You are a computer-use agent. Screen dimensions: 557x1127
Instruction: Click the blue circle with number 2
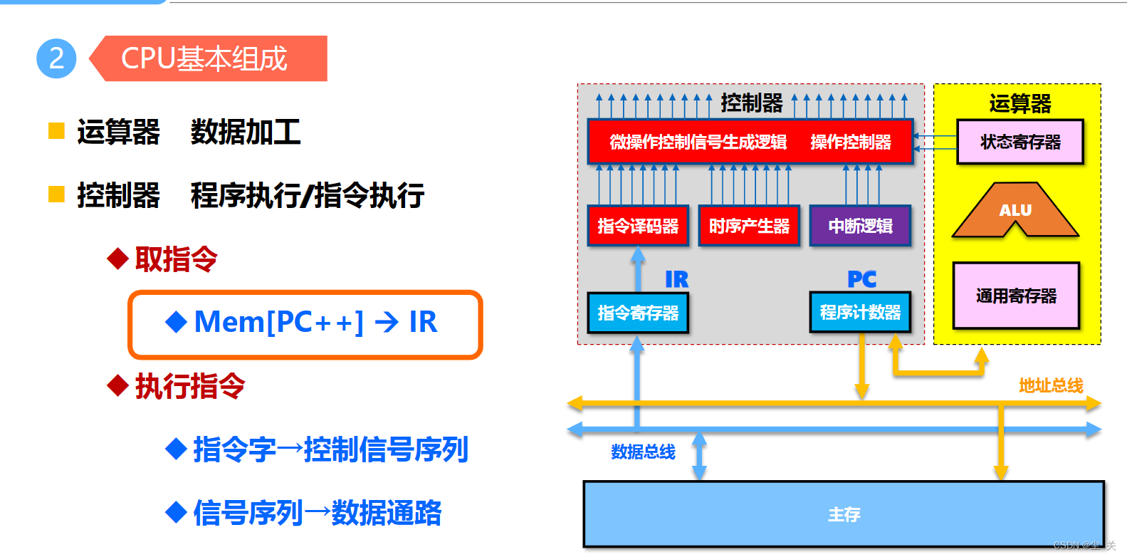click(56, 58)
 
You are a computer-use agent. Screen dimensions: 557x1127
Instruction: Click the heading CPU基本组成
click(204, 58)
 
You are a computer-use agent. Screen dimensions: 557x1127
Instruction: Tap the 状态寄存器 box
click(1020, 142)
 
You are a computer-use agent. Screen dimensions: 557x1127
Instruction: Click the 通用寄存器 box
click(1016, 296)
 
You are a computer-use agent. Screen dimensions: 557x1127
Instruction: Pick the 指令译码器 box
click(638, 226)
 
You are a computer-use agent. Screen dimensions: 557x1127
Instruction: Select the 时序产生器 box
click(749, 226)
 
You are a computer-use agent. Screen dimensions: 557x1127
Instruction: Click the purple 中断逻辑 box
click(860, 226)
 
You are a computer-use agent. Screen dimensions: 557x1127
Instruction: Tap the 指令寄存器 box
click(638, 313)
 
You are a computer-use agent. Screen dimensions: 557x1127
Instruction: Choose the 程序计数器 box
click(860, 312)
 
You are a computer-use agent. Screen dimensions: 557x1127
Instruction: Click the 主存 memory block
click(844, 514)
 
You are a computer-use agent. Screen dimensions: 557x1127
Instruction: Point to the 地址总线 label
click(1051, 385)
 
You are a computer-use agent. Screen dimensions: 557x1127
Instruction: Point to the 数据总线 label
click(643, 452)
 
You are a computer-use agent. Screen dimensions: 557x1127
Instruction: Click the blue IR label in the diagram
click(676, 279)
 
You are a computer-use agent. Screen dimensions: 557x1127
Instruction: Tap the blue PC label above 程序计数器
click(861, 279)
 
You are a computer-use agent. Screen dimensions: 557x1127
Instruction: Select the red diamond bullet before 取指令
click(117, 259)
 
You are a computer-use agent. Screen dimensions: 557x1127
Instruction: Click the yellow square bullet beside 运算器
click(56, 131)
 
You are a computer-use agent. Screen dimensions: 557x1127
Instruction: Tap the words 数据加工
click(246, 132)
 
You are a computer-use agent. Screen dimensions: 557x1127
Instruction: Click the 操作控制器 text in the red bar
click(851, 142)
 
